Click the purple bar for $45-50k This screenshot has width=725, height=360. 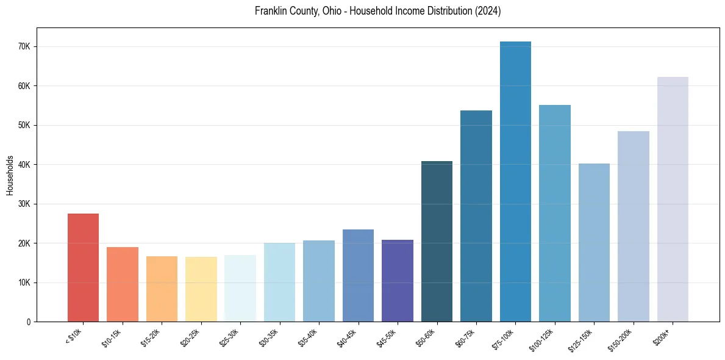click(x=398, y=281)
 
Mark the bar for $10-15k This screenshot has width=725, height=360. click(x=122, y=284)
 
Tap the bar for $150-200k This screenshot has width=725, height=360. click(x=634, y=226)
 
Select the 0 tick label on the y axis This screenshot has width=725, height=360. click(x=29, y=322)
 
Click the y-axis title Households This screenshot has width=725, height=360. click(x=10, y=175)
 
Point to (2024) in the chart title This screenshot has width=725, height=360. click(x=488, y=12)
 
